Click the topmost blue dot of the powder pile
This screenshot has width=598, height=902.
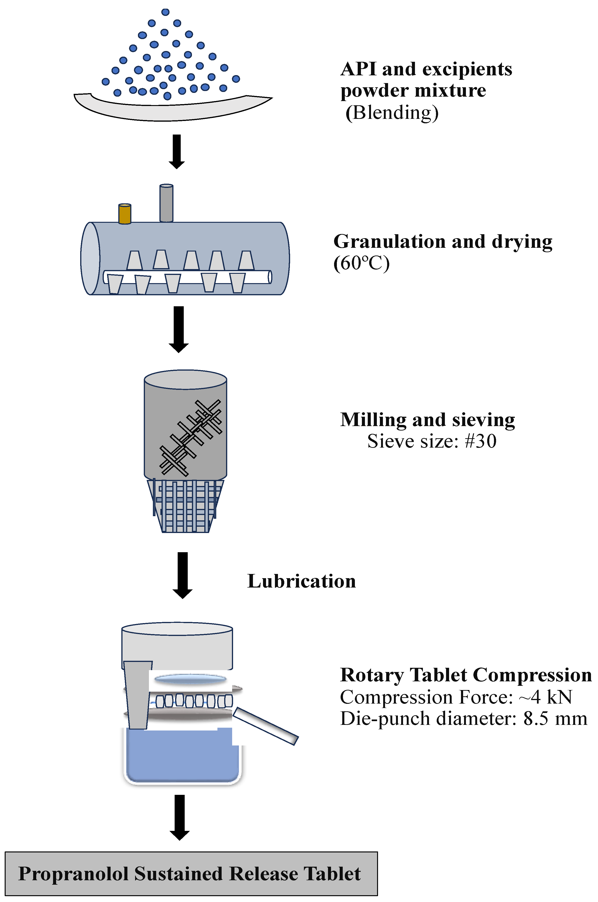165,12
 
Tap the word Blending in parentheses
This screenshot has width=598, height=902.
392,113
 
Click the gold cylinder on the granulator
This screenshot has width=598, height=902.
125,214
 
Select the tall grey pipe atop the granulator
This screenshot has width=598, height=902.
166,203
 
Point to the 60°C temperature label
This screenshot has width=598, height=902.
362,263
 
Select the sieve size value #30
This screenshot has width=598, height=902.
481,441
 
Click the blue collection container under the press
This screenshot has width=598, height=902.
182,758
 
